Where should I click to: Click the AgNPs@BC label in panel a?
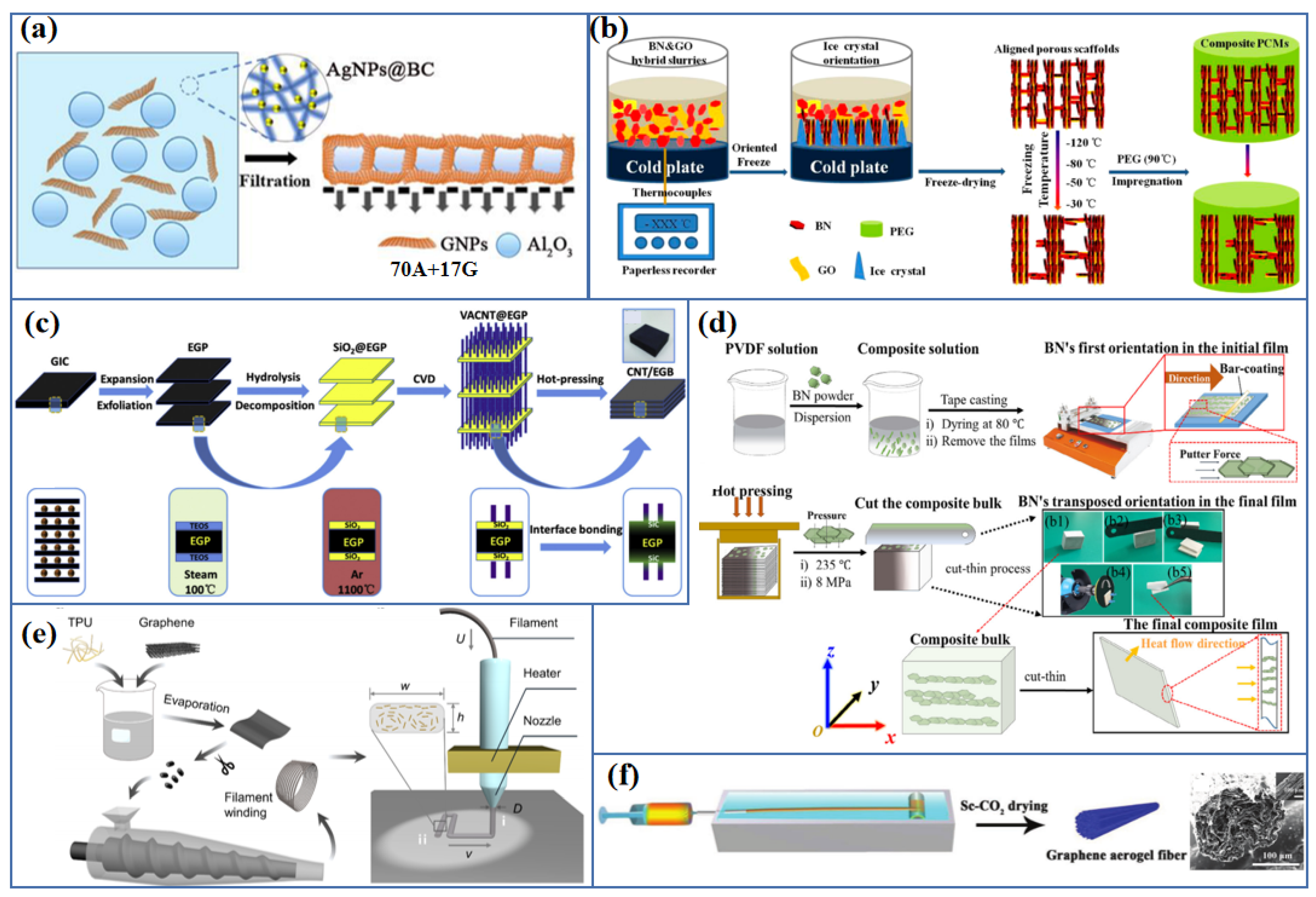pyautogui.click(x=380, y=70)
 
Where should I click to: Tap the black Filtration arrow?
pyautogui.click(x=271, y=158)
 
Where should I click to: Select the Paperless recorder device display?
pyautogui.click(x=665, y=232)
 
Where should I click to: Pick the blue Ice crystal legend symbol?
pyautogui.click(x=860, y=266)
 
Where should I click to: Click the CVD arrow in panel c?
pyautogui.click(x=424, y=391)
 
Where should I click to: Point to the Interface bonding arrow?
pyautogui.click(x=575, y=547)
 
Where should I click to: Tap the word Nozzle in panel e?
pyautogui.click(x=542, y=720)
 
